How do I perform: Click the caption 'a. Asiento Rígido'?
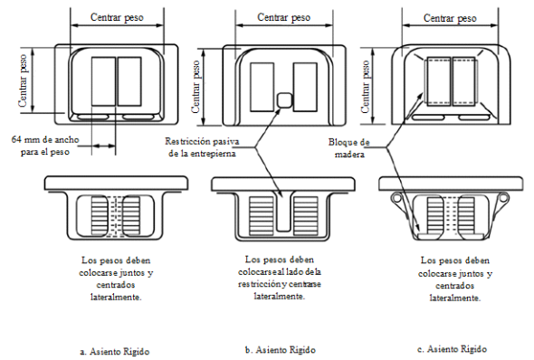[x=115, y=351]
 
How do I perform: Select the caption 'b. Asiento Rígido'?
[x=281, y=349]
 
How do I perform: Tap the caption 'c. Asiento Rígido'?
[x=452, y=349]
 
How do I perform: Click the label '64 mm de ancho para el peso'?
[x=45, y=146]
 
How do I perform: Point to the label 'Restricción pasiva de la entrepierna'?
[x=202, y=147]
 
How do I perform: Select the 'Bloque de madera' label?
[x=349, y=148]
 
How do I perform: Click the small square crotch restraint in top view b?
[x=284, y=100]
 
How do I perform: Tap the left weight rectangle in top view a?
[x=103, y=81]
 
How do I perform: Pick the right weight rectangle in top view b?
[x=305, y=87]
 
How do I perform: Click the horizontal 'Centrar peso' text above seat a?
[x=117, y=17]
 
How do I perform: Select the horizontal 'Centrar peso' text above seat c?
[x=450, y=18]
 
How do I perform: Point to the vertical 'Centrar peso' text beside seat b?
[x=195, y=87]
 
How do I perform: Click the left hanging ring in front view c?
[x=396, y=198]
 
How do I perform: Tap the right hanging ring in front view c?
[x=503, y=198]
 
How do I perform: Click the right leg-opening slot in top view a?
[x=138, y=117]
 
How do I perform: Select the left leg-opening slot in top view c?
[x=428, y=118]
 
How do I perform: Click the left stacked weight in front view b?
[x=262, y=215]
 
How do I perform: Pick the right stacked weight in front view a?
[x=131, y=215]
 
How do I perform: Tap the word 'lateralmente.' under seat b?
[x=280, y=297]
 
